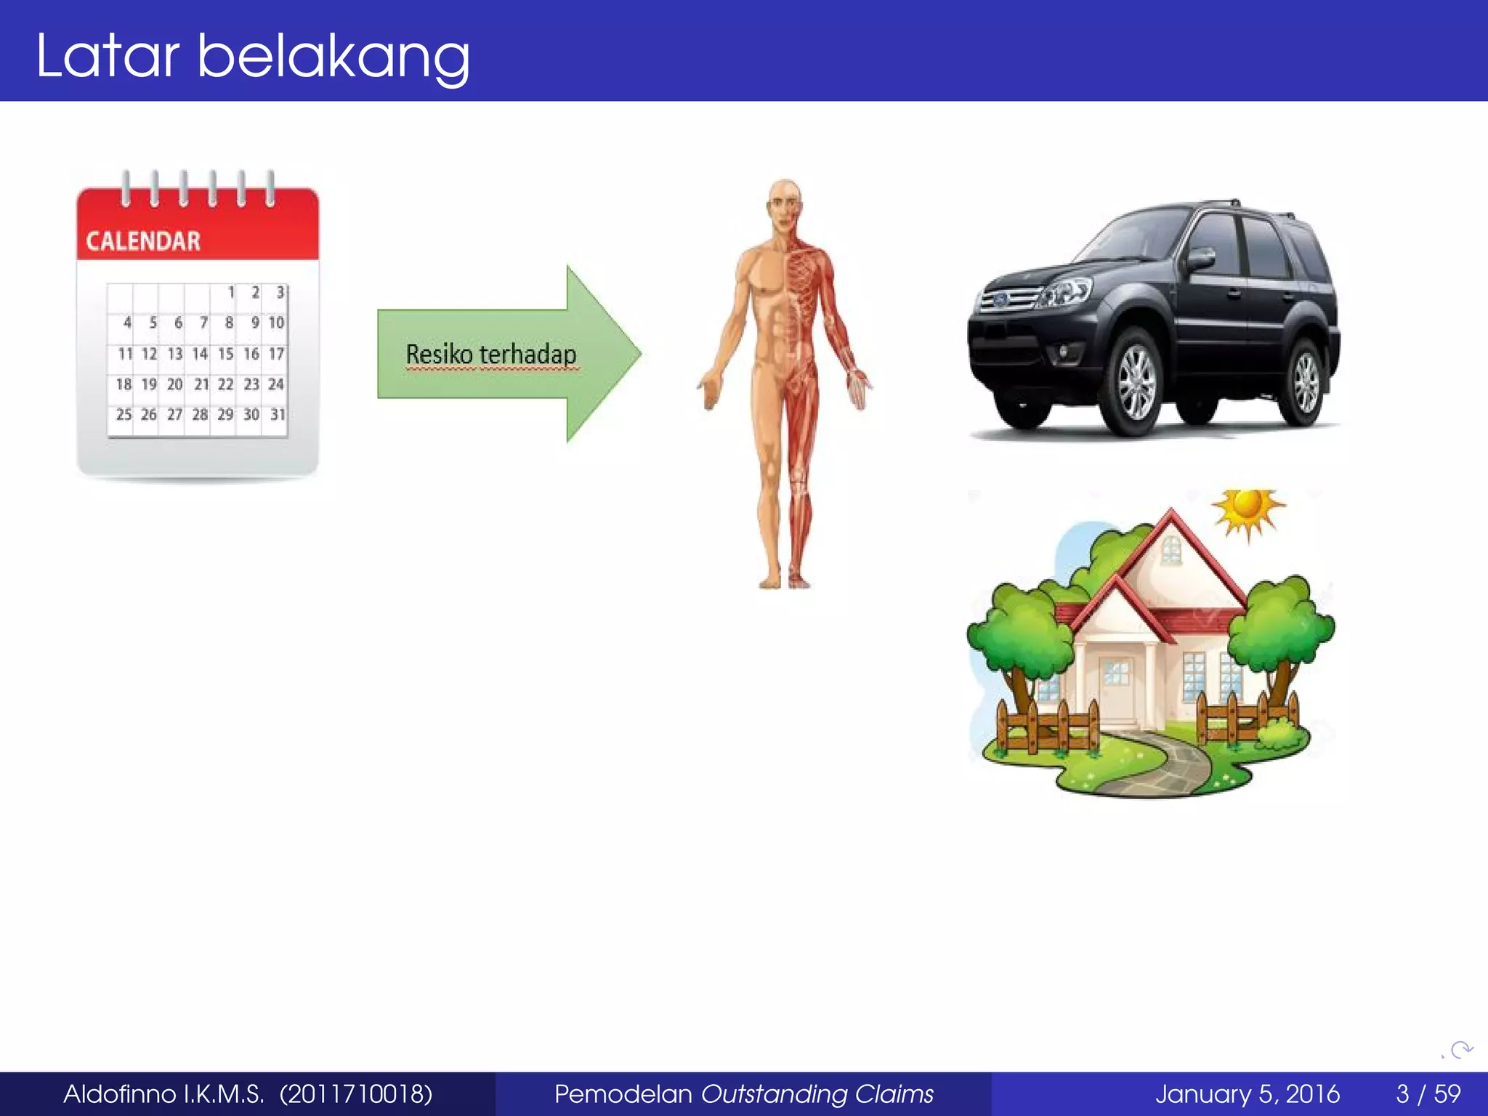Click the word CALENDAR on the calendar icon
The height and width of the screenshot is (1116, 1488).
(143, 241)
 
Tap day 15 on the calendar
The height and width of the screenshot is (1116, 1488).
(225, 354)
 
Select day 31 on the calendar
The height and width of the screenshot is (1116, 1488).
(278, 415)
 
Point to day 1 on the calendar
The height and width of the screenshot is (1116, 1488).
(231, 293)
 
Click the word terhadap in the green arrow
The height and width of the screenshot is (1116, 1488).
(528, 355)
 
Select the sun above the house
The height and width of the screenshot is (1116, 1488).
(1248, 508)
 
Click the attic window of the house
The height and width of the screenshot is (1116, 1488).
(1170, 549)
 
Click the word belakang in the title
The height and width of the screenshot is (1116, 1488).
(333, 57)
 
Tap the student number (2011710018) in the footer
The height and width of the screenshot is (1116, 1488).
(356, 1093)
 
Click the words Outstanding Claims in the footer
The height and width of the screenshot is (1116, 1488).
(817, 1093)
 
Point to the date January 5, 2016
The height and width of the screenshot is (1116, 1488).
(1247, 1093)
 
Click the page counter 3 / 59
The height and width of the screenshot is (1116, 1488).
(1428, 1093)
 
